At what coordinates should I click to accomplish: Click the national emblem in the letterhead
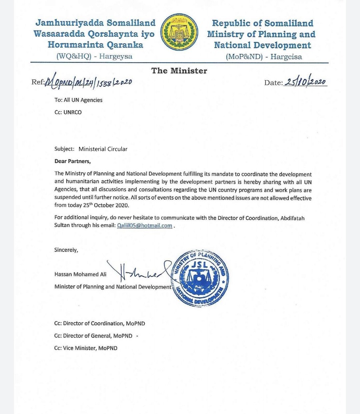pos(179,32)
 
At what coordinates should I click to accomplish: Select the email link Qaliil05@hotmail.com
pos(144,225)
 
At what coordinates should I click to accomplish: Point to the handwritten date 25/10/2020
pos(305,82)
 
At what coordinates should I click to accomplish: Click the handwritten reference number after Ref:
pos(88,81)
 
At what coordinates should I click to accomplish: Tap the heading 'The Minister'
pos(179,71)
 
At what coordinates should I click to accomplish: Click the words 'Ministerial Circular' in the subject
pos(103,149)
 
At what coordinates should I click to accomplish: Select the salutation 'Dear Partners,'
pos(73,161)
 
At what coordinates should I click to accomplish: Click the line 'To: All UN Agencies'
pos(78,100)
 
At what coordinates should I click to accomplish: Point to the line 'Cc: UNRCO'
pos(68,112)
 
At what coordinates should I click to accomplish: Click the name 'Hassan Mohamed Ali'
pos(80,274)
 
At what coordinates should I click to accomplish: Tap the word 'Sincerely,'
pos(66,250)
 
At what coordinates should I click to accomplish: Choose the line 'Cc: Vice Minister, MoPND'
pos(86,348)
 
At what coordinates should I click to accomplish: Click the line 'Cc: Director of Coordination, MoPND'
pos(99,323)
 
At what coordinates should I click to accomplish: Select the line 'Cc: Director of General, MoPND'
pos(93,336)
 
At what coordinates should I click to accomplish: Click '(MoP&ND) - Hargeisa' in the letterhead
pos(264,57)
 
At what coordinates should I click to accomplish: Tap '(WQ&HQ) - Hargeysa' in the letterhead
pos(94,56)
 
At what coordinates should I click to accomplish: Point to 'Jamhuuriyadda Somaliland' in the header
pos(95,23)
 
